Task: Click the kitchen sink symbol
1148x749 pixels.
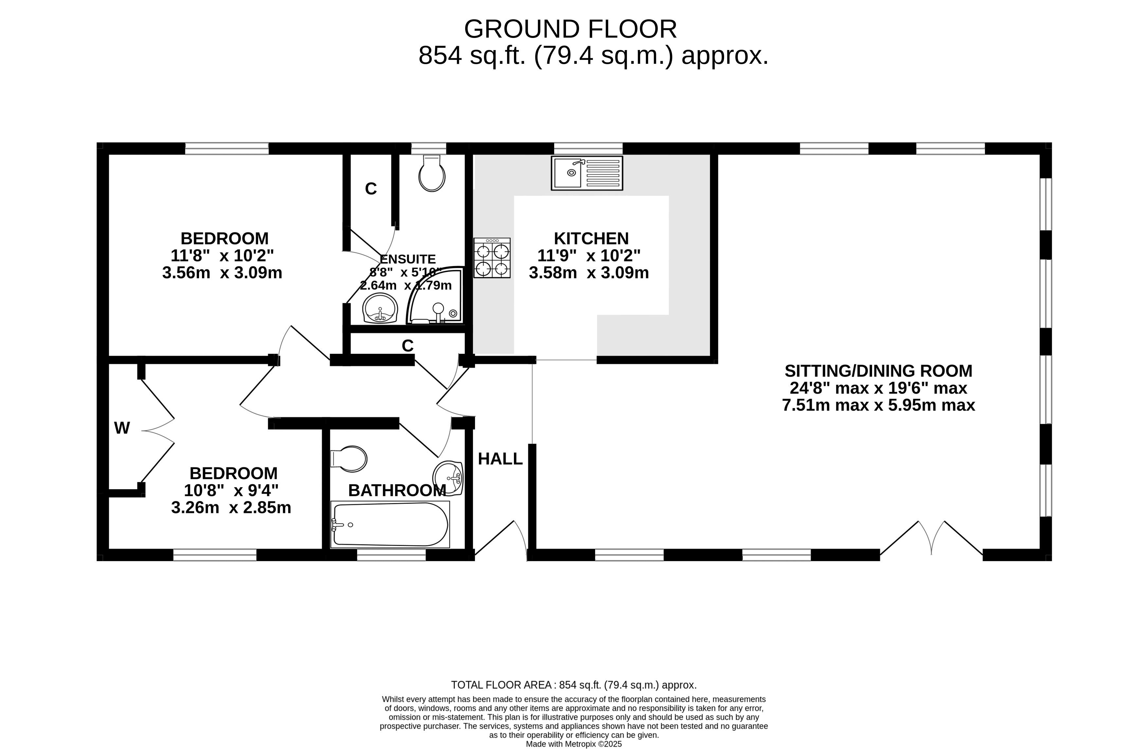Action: point(587,173)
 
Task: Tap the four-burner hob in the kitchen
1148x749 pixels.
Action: point(492,258)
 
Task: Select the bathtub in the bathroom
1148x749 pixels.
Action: point(390,524)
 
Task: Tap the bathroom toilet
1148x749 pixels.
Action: point(348,458)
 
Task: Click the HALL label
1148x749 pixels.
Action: point(500,459)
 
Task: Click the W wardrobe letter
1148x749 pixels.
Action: point(122,428)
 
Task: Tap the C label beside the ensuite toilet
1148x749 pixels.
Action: point(371,188)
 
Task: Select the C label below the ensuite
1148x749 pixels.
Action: point(408,345)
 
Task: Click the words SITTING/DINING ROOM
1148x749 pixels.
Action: point(878,370)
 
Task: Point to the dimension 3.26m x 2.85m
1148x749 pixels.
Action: point(231,508)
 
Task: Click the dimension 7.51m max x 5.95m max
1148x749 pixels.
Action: point(878,405)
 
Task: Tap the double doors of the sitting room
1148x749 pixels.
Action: point(931,538)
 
